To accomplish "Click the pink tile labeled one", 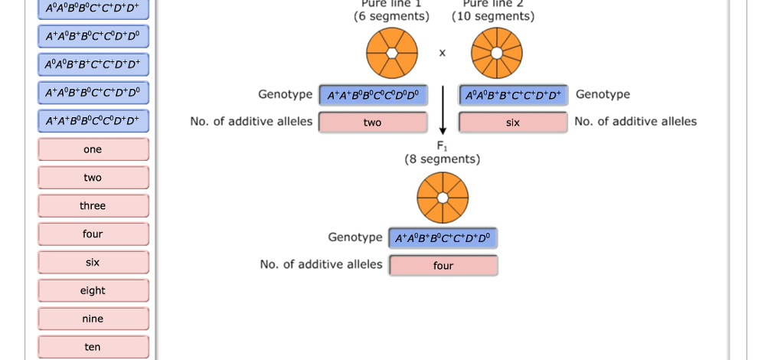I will (93, 149).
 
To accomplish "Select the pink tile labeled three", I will (93, 206).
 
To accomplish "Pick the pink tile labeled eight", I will (93, 291).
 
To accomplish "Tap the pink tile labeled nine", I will (93, 319).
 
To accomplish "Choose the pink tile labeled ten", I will (93, 347).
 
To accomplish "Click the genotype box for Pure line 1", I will (373, 96).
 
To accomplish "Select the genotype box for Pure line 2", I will (513, 96).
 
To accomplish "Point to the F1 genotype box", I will (443, 238).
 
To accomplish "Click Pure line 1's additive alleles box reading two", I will (373, 123).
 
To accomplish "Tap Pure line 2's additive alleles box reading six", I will (513, 123).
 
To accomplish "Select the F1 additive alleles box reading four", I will (443, 266).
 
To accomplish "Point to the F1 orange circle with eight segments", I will (443, 198).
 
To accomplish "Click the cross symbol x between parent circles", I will (442, 53).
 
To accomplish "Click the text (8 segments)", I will (443, 159).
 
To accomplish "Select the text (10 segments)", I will (493, 16).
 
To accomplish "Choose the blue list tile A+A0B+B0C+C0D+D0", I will (93, 36).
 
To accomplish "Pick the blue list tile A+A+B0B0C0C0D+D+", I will (93, 121).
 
